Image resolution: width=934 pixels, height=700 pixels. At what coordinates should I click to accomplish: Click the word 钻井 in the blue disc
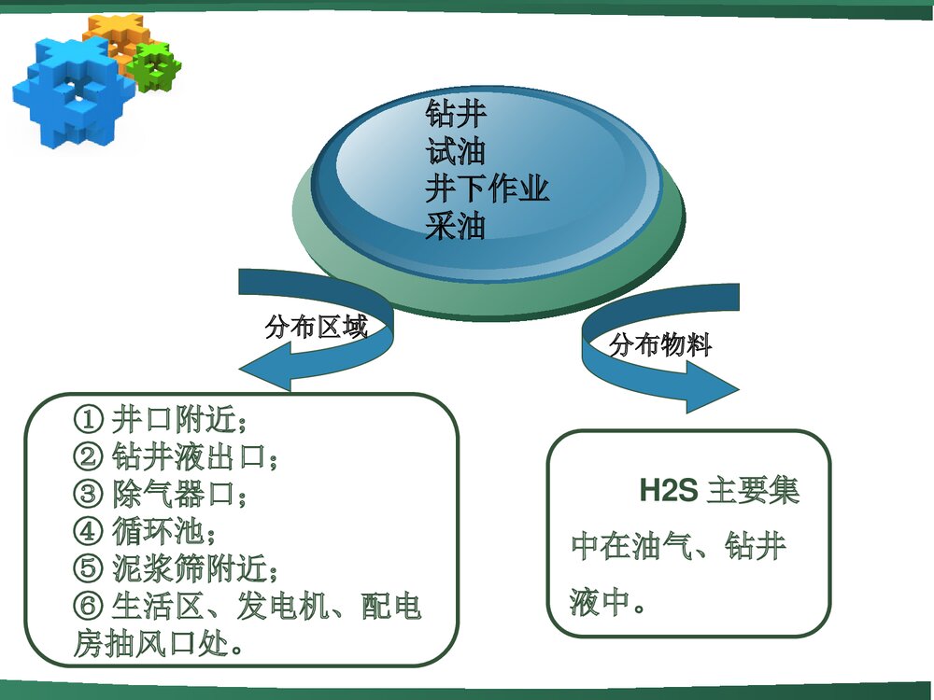tap(456, 115)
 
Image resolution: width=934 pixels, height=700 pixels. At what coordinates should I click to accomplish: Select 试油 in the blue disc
tap(456, 151)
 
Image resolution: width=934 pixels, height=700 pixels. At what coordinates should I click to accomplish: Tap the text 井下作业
tap(487, 189)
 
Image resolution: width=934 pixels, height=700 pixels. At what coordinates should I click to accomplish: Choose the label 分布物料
tap(660, 345)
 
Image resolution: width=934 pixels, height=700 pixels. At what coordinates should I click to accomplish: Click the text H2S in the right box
tap(668, 491)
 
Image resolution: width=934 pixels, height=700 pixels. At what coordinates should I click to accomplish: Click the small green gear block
tap(154, 65)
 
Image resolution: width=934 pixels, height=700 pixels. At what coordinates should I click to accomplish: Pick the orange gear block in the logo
tap(112, 33)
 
